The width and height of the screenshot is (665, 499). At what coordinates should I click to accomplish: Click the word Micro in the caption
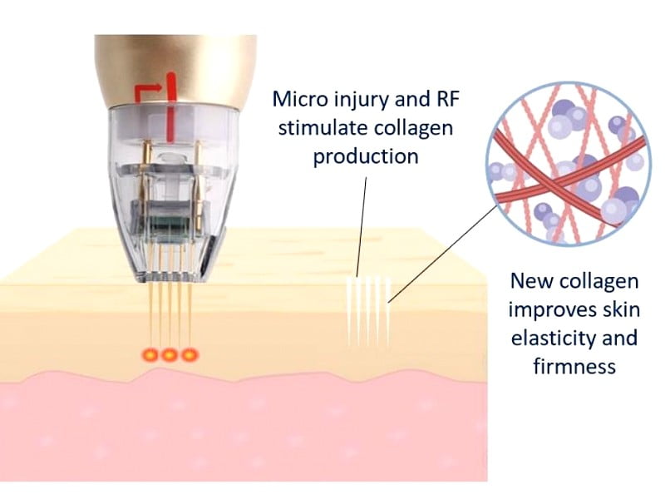pyautogui.click(x=298, y=101)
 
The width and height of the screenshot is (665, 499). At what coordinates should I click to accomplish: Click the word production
pyautogui.click(x=365, y=156)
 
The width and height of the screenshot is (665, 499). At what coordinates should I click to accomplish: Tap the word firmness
pyautogui.click(x=573, y=366)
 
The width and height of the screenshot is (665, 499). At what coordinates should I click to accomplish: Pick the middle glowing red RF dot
pyautogui.click(x=170, y=354)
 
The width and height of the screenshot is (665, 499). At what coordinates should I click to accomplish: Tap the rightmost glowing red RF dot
pyautogui.click(x=190, y=354)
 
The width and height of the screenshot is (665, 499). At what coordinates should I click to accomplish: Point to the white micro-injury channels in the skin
pyautogui.click(x=367, y=311)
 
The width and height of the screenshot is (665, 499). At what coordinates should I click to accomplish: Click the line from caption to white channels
pyautogui.click(x=361, y=225)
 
